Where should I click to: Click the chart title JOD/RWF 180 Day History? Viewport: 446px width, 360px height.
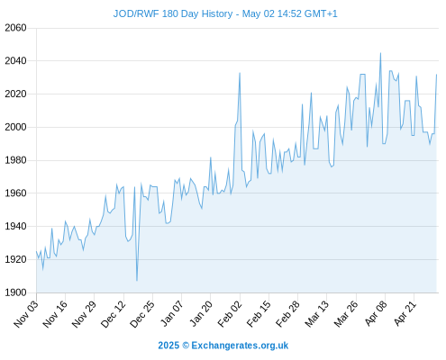tap(173, 13)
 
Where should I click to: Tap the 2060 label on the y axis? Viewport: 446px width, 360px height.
tap(15, 28)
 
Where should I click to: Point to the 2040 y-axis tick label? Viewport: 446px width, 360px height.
tap(15, 61)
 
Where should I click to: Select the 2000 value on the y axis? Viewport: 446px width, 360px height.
tap(15, 127)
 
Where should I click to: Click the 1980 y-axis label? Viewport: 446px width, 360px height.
tap(15, 160)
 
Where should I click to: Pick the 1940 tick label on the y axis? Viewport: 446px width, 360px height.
tap(15, 226)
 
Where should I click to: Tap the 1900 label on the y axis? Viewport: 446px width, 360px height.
tap(15, 292)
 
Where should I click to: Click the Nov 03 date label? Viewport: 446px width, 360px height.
tap(26, 314)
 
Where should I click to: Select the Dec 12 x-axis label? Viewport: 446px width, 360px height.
tap(114, 314)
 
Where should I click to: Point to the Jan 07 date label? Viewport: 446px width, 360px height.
tap(171, 314)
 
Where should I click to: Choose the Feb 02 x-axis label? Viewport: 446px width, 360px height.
tap(230, 314)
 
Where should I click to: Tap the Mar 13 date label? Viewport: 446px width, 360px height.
tap(316, 314)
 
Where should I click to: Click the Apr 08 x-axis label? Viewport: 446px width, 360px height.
tap(376, 314)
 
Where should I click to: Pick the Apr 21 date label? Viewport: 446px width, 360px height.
tap(405, 314)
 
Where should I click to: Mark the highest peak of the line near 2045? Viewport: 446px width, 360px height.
tap(380, 53)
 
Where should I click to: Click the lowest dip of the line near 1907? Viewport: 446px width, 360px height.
tap(137, 281)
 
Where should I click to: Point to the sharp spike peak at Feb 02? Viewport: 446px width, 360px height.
tap(240, 73)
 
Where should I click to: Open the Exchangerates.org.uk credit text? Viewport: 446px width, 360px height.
tap(240, 346)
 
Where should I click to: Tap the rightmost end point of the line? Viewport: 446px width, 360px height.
tap(436, 75)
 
